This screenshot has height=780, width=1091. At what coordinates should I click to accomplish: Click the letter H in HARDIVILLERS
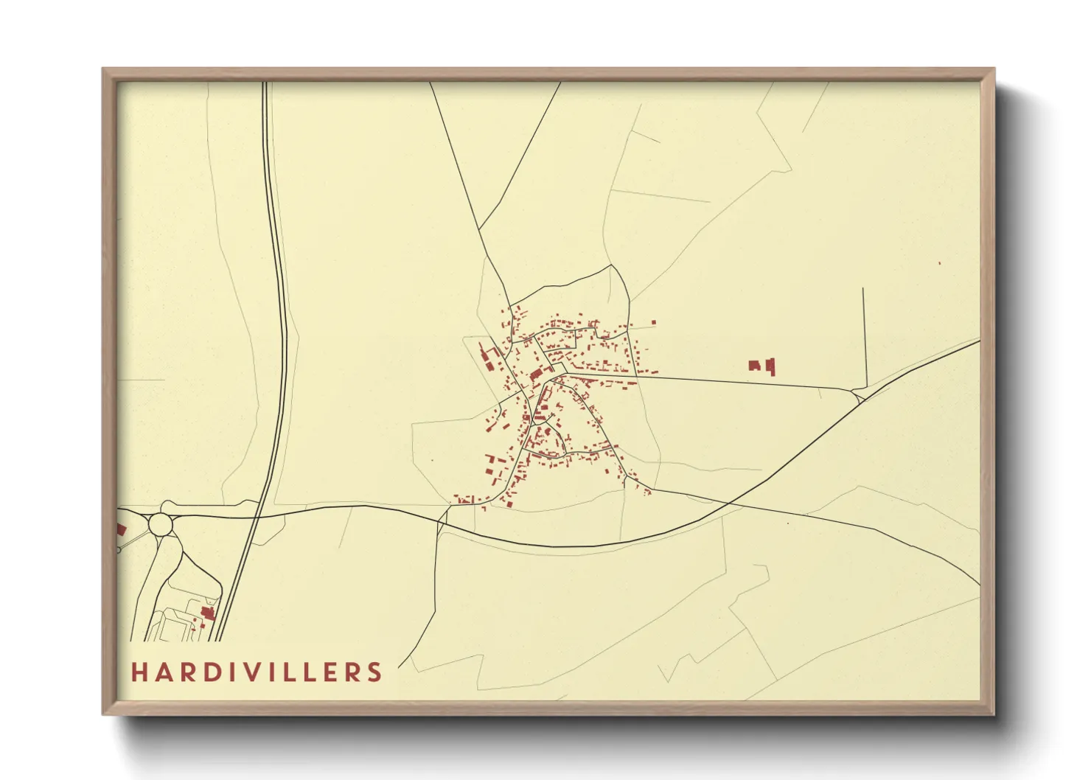pos(140,672)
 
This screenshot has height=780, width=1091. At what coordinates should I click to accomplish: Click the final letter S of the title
pos(375,672)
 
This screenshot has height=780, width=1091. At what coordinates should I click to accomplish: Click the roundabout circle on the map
pos(161,525)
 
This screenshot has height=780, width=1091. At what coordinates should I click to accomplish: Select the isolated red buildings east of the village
pos(763,366)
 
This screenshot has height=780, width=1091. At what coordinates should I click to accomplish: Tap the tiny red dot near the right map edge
pos(940,263)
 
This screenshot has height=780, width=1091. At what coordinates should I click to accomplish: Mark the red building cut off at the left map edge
pos(122,529)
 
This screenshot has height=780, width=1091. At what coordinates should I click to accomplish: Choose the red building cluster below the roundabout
pos(208,613)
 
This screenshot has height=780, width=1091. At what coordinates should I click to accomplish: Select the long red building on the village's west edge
pos(487,359)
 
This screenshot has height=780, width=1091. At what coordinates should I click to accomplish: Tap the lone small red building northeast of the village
pos(653,322)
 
